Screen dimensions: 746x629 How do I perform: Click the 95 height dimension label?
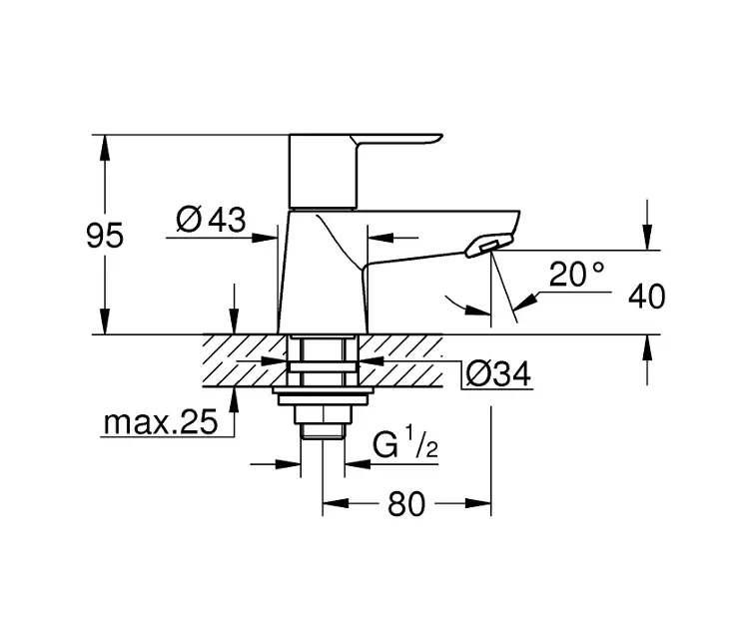(105, 235)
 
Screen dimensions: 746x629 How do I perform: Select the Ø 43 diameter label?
(211, 220)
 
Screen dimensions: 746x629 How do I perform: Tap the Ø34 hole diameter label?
(498, 373)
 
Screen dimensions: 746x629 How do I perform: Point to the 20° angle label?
(576, 274)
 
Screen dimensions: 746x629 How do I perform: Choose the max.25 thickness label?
(161, 422)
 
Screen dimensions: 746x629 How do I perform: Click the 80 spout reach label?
(406, 504)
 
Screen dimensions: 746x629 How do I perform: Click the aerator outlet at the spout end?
(488, 246)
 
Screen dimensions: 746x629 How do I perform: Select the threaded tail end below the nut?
(323, 430)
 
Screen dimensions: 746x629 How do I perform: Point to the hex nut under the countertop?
(323, 414)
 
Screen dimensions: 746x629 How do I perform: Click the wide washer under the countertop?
(323, 391)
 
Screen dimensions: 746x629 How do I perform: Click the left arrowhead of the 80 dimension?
(336, 503)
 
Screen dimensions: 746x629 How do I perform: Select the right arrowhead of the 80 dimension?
(478, 503)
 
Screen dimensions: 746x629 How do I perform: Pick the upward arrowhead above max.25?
(234, 399)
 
